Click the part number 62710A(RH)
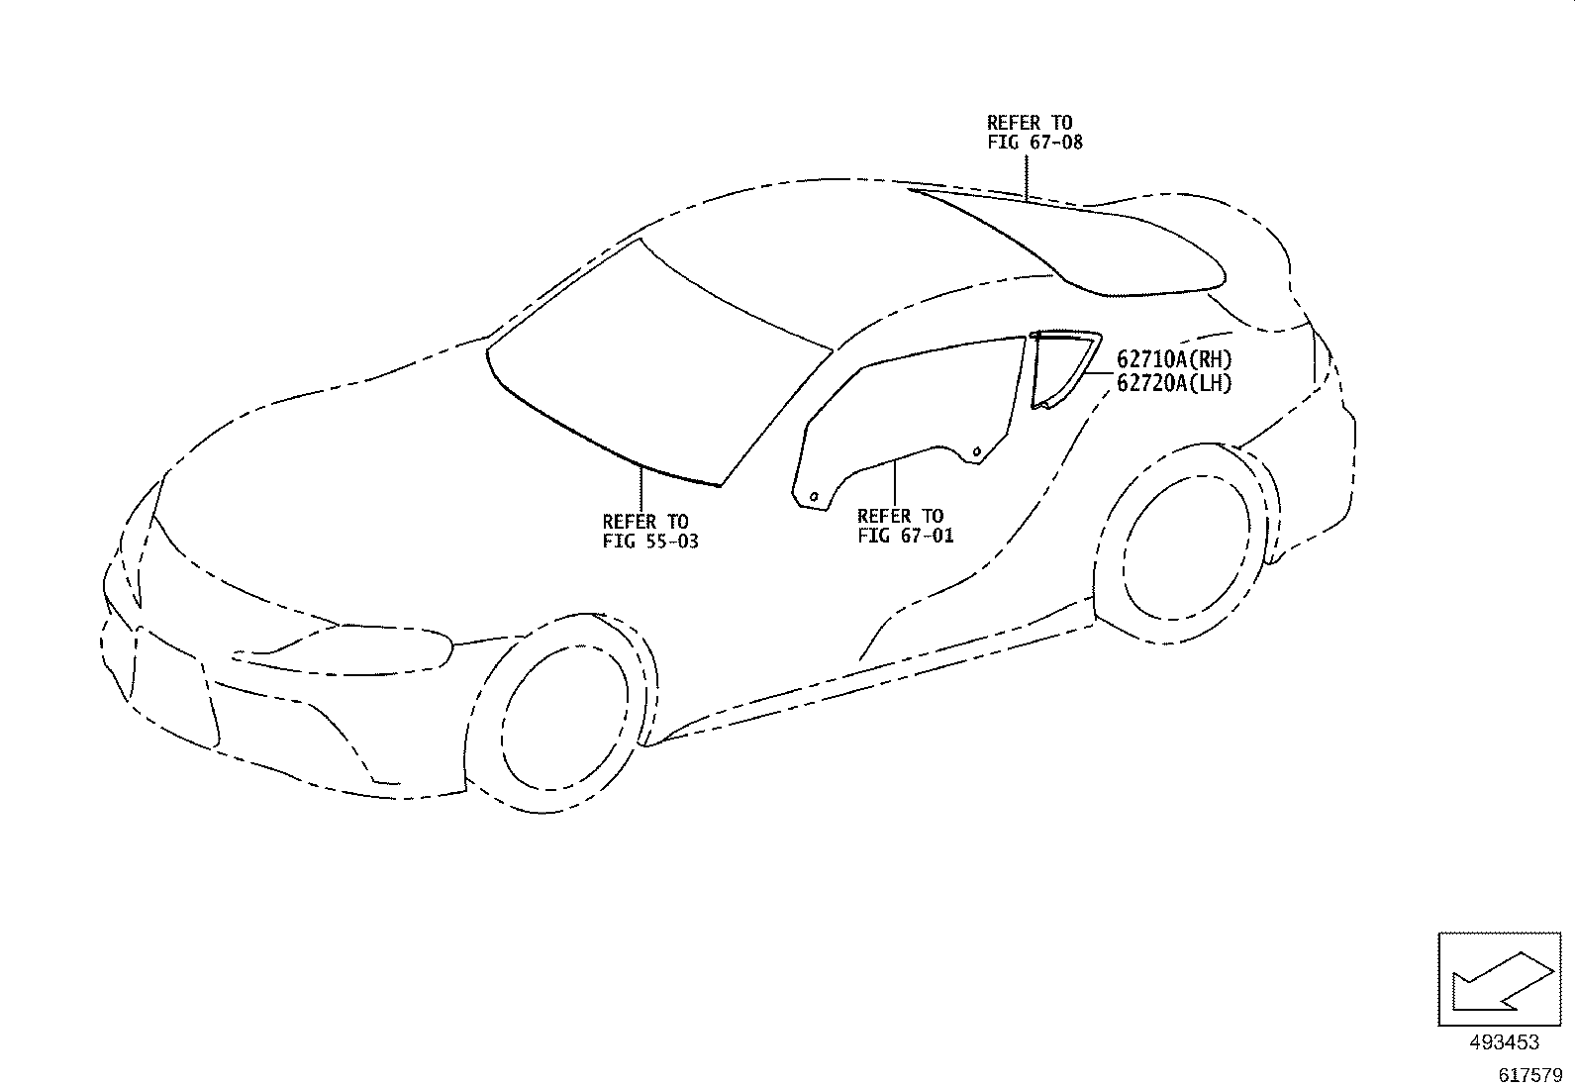[1174, 359]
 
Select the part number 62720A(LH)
[1174, 383]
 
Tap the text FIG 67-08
[1034, 143]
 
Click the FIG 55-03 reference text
[650, 542]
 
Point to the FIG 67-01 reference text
[906, 536]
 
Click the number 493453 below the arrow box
[1505, 1042]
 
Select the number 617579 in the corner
[1530, 1075]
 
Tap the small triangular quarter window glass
[1063, 368]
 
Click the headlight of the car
[345, 650]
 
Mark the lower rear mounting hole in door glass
[976, 451]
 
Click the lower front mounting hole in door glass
[814, 497]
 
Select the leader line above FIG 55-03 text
[640, 490]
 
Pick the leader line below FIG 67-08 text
[1027, 178]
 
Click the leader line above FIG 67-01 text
[894, 483]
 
